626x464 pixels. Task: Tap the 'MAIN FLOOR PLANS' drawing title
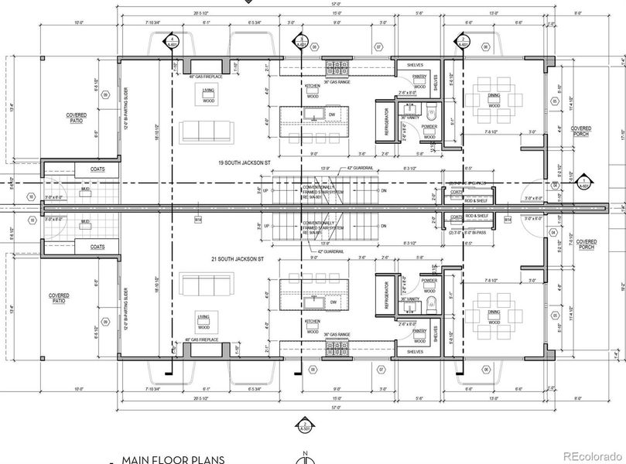click(166, 459)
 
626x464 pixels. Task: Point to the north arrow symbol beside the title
click(309, 460)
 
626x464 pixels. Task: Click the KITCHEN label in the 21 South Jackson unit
click(313, 321)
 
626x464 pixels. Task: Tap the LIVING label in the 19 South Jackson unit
click(208, 91)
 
